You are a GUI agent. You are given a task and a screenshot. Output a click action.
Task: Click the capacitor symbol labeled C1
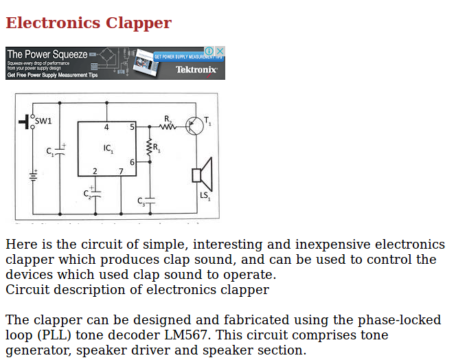pyautogui.click(x=59, y=152)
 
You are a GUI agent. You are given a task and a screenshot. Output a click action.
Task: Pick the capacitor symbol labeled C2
pyautogui.click(x=95, y=193)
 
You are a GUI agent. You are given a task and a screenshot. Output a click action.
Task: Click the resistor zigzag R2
pyautogui.click(x=168, y=126)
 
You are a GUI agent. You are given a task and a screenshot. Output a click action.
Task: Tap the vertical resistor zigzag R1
pyautogui.click(x=149, y=148)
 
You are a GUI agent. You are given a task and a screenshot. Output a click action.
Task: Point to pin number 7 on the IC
pyautogui.click(x=121, y=171)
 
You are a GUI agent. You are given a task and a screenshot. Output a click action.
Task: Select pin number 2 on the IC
pyautogui.click(x=95, y=171)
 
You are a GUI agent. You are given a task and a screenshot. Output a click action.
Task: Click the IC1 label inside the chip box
pyautogui.click(x=109, y=148)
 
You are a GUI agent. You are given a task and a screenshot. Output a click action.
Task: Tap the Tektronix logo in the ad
pyautogui.click(x=196, y=69)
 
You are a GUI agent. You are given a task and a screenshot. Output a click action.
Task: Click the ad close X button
pyautogui.click(x=220, y=51)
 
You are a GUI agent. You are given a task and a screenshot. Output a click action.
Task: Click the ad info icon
pyautogui.click(x=209, y=51)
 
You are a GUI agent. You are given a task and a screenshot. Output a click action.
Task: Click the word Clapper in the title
pyautogui.click(x=139, y=23)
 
